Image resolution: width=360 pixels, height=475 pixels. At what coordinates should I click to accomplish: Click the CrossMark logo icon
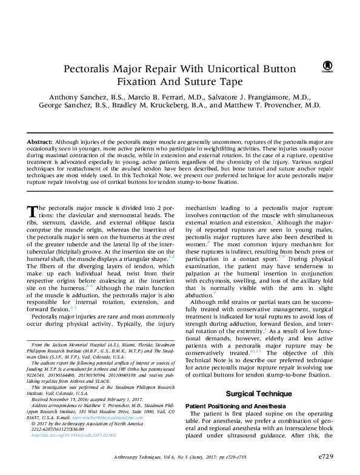pos(328,66)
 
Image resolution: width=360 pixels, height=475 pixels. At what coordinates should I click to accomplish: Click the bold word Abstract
pos(40,141)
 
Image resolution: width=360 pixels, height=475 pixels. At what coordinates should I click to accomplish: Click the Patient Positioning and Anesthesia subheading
pos(232,389)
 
